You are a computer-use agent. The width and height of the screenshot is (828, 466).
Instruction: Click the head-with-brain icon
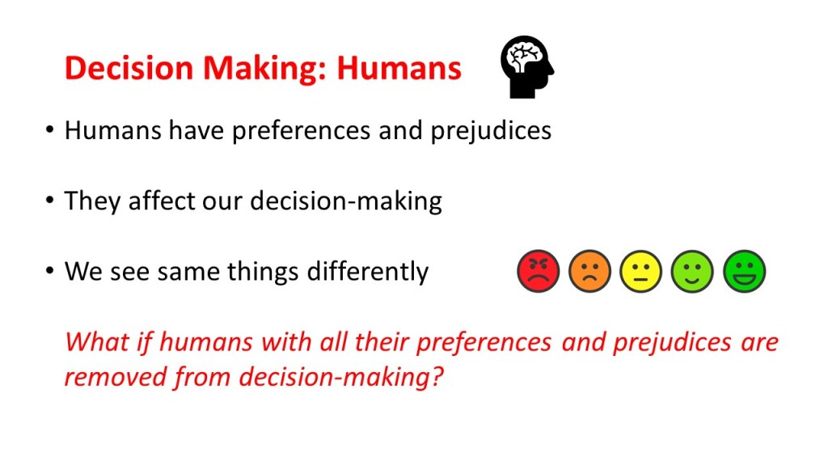click(527, 66)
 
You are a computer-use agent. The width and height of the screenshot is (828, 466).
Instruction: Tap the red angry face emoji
click(538, 271)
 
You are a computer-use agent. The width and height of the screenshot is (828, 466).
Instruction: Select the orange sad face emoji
click(589, 271)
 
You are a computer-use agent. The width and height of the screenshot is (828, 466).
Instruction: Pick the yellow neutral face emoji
click(640, 271)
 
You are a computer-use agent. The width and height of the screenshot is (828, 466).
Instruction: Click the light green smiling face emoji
click(692, 271)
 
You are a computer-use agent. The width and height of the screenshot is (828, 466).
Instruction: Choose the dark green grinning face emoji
click(744, 271)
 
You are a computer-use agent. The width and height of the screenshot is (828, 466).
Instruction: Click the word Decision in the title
click(129, 68)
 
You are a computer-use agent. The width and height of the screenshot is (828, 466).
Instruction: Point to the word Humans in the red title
click(399, 68)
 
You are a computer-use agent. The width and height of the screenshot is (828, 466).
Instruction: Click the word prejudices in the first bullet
click(491, 131)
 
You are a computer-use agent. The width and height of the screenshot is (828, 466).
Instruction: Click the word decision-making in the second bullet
click(346, 201)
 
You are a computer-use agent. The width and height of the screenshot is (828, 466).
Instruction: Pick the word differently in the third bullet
click(368, 272)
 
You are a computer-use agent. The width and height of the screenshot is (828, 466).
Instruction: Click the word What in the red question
click(97, 342)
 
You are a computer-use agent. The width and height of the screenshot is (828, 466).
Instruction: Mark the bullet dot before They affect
click(49, 201)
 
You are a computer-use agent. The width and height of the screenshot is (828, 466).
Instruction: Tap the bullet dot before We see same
click(49, 271)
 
